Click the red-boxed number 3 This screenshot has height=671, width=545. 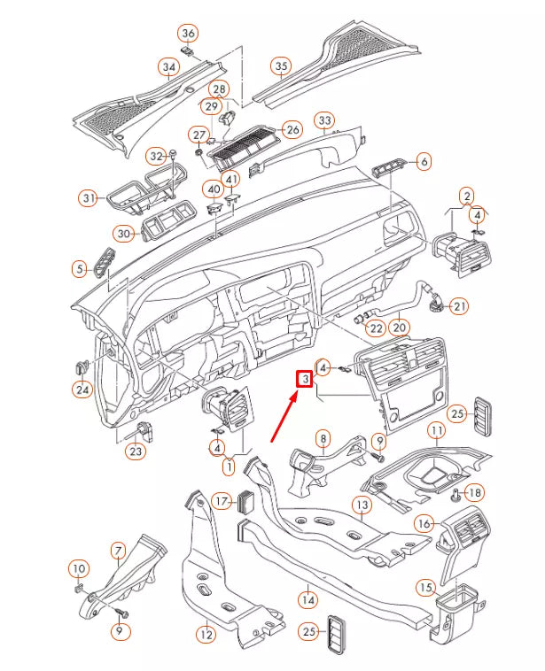(x=304, y=379)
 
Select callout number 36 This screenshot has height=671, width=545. (x=188, y=34)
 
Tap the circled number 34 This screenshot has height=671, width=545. (x=168, y=66)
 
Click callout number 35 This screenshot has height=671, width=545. (x=281, y=66)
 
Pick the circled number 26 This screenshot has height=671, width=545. (x=292, y=130)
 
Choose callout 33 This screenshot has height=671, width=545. (x=324, y=120)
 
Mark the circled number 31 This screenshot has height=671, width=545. (x=88, y=197)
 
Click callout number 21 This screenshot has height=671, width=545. (x=458, y=306)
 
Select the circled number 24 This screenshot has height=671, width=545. (x=82, y=389)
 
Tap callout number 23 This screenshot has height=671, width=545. (x=136, y=451)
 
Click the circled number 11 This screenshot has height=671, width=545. (x=436, y=431)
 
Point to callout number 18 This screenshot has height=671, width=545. (x=474, y=492)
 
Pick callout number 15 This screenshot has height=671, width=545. (x=425, y=587)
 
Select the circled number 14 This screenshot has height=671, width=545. (x=307, y=599)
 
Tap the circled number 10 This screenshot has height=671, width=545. (x=78, y=567)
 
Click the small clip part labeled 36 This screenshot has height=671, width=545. (x=189, y=51)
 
